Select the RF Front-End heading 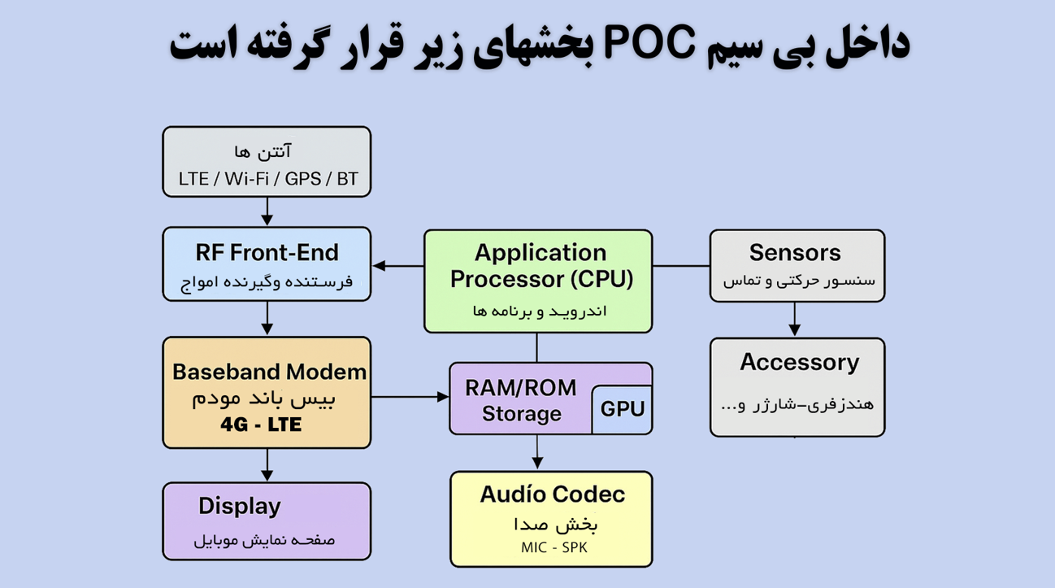[267, 252]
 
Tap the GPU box [622, 409]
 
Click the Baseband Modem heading [269, 372]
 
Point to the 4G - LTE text [261, 425]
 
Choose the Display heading [239, 506]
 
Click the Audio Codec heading [552, 494]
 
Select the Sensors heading [795, 253]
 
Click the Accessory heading [799, 363]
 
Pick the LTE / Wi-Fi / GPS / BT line [268, 179]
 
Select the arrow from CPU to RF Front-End [398, 266]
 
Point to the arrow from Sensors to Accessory [795, 320]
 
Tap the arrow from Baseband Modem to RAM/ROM [410, 397]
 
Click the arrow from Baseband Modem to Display [267, 465]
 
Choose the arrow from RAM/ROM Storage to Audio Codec [536, 453]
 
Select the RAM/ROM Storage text [521, 400]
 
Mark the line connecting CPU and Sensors [681, 266]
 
